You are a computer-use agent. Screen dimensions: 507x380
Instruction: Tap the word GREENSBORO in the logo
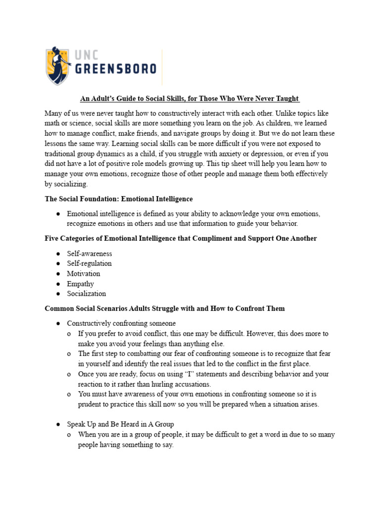[x=115, y=68]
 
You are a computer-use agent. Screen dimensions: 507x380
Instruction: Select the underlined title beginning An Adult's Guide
[x=190, y=99]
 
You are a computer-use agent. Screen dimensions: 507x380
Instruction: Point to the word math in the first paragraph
[x=53, y=123]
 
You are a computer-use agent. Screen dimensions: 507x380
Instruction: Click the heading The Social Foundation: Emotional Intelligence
[x=119, y=199]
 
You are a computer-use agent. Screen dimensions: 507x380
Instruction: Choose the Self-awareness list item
[x=90, y=253]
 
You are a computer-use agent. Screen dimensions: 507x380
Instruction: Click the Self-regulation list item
[x=90, y=263]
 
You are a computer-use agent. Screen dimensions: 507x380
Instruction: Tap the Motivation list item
[x=84, y=273]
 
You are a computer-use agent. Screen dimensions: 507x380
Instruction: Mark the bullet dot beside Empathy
[x=58, y=284]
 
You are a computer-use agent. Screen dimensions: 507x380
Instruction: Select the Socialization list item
[x=87, y=294]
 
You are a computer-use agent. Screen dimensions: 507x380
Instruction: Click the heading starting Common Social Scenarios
[x=165, y=308]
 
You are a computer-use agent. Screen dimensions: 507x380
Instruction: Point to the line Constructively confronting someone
[x=122, y=323]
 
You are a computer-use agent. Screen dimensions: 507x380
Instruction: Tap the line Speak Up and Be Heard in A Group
[x=121, y=424]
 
